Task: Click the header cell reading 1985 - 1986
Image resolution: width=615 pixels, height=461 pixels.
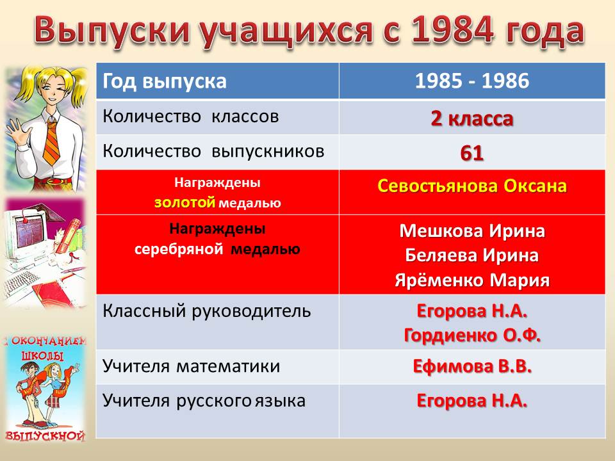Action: click(x=472, y=81)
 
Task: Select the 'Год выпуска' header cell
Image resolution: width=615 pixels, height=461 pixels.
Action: click(x=218, y=81)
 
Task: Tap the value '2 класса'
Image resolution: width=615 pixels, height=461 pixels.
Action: click(x=472, y=118)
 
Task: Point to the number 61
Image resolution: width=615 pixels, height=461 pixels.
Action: click(x=472, y=153)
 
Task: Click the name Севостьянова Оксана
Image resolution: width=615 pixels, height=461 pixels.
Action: click(x=472, y=186)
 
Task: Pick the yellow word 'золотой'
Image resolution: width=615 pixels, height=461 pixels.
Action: click(x=184, y=202)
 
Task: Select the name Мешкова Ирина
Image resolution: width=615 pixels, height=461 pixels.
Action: click(x=472, y=231)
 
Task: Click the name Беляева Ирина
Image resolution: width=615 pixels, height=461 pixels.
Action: click(x=472, y=255)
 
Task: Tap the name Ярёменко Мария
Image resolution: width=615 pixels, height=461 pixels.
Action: click(x=472, y=280)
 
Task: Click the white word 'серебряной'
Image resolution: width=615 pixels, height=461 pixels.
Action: click(x=179, y=250)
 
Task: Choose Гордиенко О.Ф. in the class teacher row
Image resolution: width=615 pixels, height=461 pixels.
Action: click(x=472, y=336)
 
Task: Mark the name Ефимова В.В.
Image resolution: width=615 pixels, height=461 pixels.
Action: click(x=472, y=366)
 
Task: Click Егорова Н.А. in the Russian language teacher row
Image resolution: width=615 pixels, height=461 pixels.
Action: click(x=472, y=401)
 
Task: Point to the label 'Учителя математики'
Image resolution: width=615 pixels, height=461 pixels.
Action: click(x=192, y=366)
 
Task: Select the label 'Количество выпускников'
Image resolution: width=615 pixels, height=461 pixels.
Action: click(x=213, y=152)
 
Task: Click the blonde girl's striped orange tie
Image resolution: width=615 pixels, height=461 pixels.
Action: click(x=52, y=142)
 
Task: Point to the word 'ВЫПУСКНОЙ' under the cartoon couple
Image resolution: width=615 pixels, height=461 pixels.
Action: click(x=45, y=435)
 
